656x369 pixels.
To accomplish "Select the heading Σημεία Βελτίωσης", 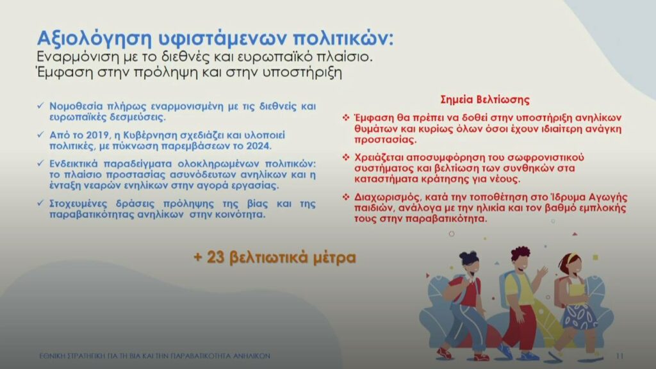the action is pos(485,99).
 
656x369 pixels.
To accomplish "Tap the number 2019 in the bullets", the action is pos(98,135).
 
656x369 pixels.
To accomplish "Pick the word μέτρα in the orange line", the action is pos(334,258).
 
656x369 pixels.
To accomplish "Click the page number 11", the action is pos(619,356).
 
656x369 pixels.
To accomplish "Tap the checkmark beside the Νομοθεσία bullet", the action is pos(40,106).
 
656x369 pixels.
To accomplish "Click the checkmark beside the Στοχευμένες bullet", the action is pos(40,203).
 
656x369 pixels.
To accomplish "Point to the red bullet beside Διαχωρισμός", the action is pos(346,197).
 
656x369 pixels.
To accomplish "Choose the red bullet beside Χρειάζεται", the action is pos(346,158).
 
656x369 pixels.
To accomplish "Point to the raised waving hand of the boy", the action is pos(542,272).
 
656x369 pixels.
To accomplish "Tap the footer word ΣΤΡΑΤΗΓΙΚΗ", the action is pos(84,356).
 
